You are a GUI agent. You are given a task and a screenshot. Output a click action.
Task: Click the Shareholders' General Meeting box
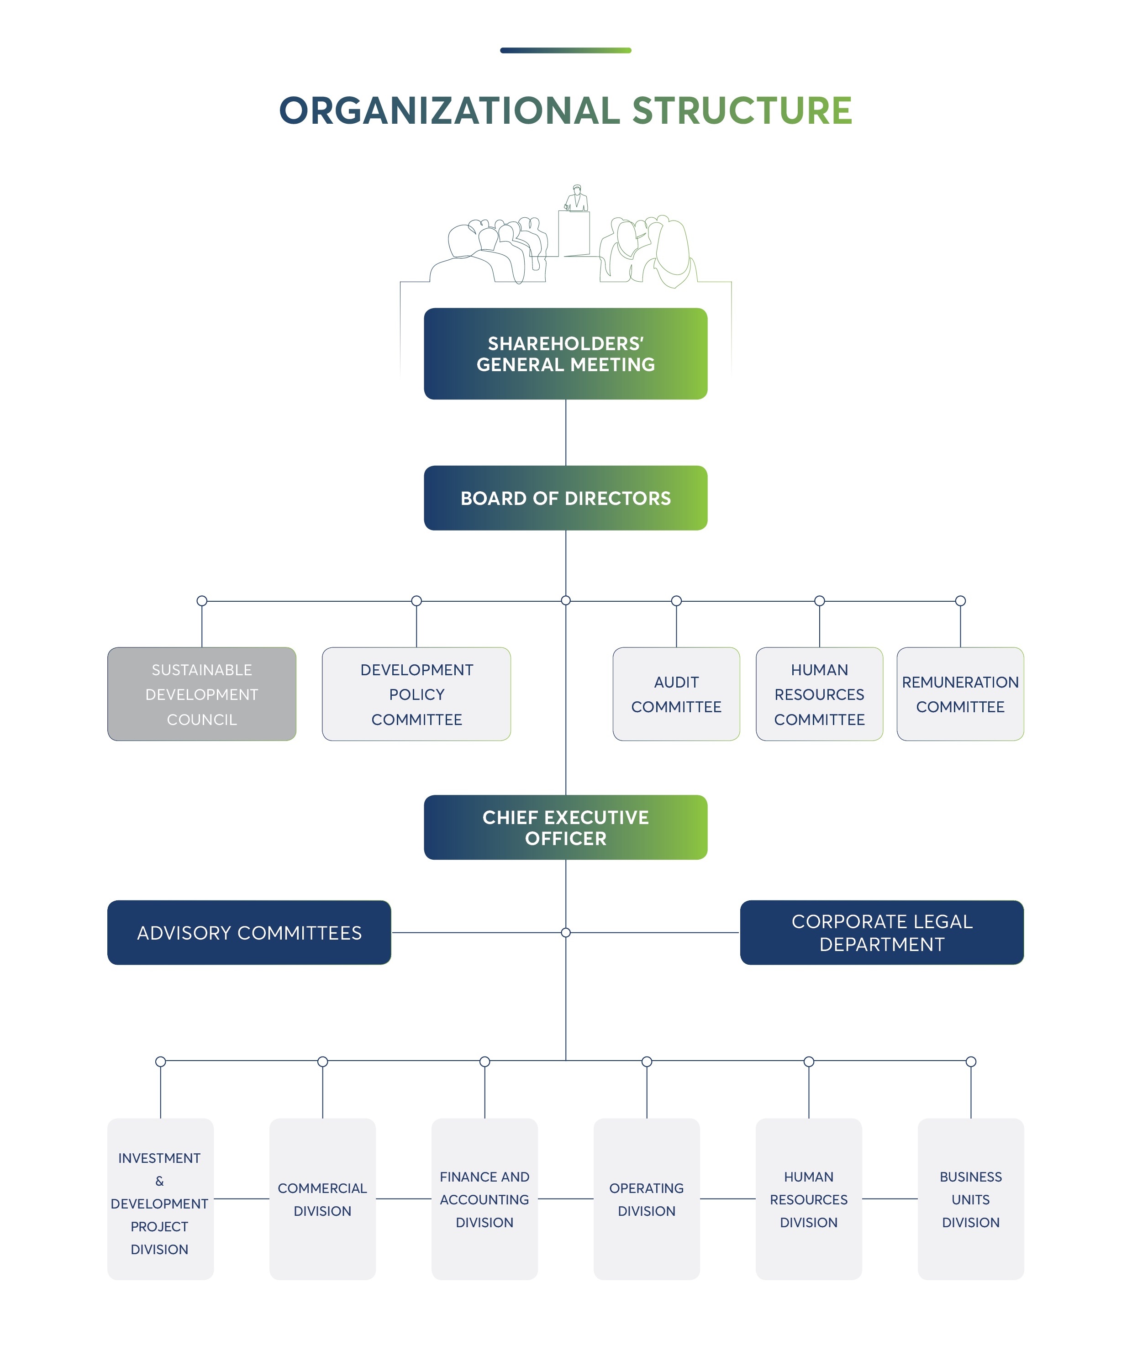(x=565, y=353)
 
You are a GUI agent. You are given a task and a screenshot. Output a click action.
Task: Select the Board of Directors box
(x=565, y=498)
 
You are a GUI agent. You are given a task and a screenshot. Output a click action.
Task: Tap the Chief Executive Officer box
(x=565, y=827)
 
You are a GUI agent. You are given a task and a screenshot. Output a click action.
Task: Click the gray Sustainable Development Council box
(x=202, y=694)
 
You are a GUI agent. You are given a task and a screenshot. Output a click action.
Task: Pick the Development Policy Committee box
(x=416, y=694)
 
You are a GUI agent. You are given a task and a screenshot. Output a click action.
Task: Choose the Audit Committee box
(x=676, y=694)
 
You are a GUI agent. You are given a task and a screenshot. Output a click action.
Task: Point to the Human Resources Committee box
(x=820, y=694)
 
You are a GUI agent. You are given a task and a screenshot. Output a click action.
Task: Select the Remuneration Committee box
(x=960, y=694)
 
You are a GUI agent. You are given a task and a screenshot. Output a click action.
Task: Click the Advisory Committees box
(x=249, y=932)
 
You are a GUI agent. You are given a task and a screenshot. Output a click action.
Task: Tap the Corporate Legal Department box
(x=882, y=932)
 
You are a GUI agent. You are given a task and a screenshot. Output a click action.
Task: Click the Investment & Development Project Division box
(x=160, y=1198)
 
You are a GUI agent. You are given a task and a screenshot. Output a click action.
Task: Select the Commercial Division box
(x=322, y=1198)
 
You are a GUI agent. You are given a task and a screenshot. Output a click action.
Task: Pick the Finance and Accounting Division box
(x=484, y=1198)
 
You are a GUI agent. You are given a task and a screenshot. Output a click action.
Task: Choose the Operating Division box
(x=647, y=1198)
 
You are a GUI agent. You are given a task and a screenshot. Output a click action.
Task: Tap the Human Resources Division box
(x=809, y=1198)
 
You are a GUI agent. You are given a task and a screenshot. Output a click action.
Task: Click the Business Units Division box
(x=970, y=1198)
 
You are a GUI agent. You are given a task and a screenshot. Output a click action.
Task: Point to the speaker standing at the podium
(x=576, y=198)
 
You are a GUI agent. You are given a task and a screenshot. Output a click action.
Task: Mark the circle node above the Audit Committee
(x=676, y=601)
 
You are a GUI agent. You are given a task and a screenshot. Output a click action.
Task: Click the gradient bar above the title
(x=565, y=50)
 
